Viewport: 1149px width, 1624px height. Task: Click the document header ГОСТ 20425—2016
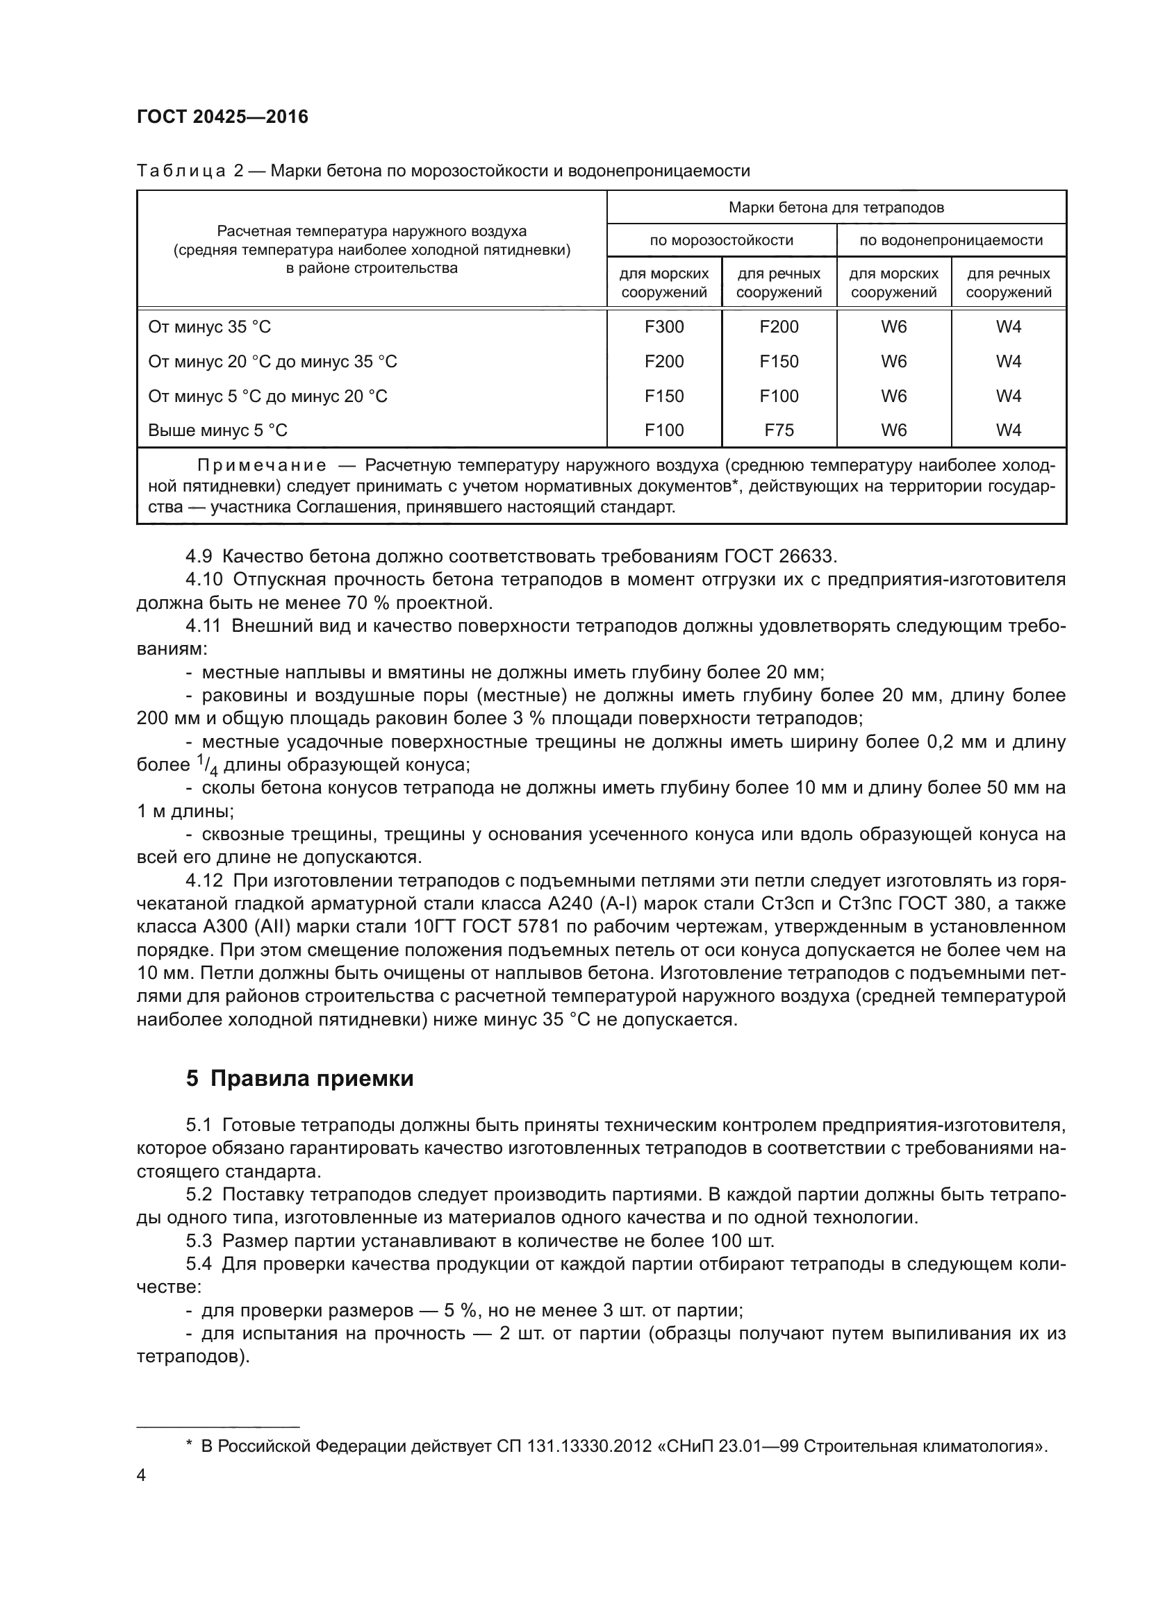tap(222, 117)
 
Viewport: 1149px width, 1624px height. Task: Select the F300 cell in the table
tap(663, 327)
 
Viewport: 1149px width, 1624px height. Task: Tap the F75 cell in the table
tap(778, 430)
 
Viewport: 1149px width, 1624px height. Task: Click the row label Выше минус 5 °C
tap(218, 430)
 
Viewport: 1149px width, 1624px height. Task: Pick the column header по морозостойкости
tap(721, 240)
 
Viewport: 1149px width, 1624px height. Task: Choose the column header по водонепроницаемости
tap(951, 240)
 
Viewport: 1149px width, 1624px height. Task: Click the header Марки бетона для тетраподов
tap(836, 207)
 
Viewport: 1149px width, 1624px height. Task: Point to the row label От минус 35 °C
tap(209, 327)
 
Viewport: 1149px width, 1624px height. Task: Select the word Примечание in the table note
tap(262, 465)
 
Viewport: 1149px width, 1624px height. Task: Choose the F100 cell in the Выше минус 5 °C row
tap(663, 430)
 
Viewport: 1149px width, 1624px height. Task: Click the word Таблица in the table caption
tap(181, 171)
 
